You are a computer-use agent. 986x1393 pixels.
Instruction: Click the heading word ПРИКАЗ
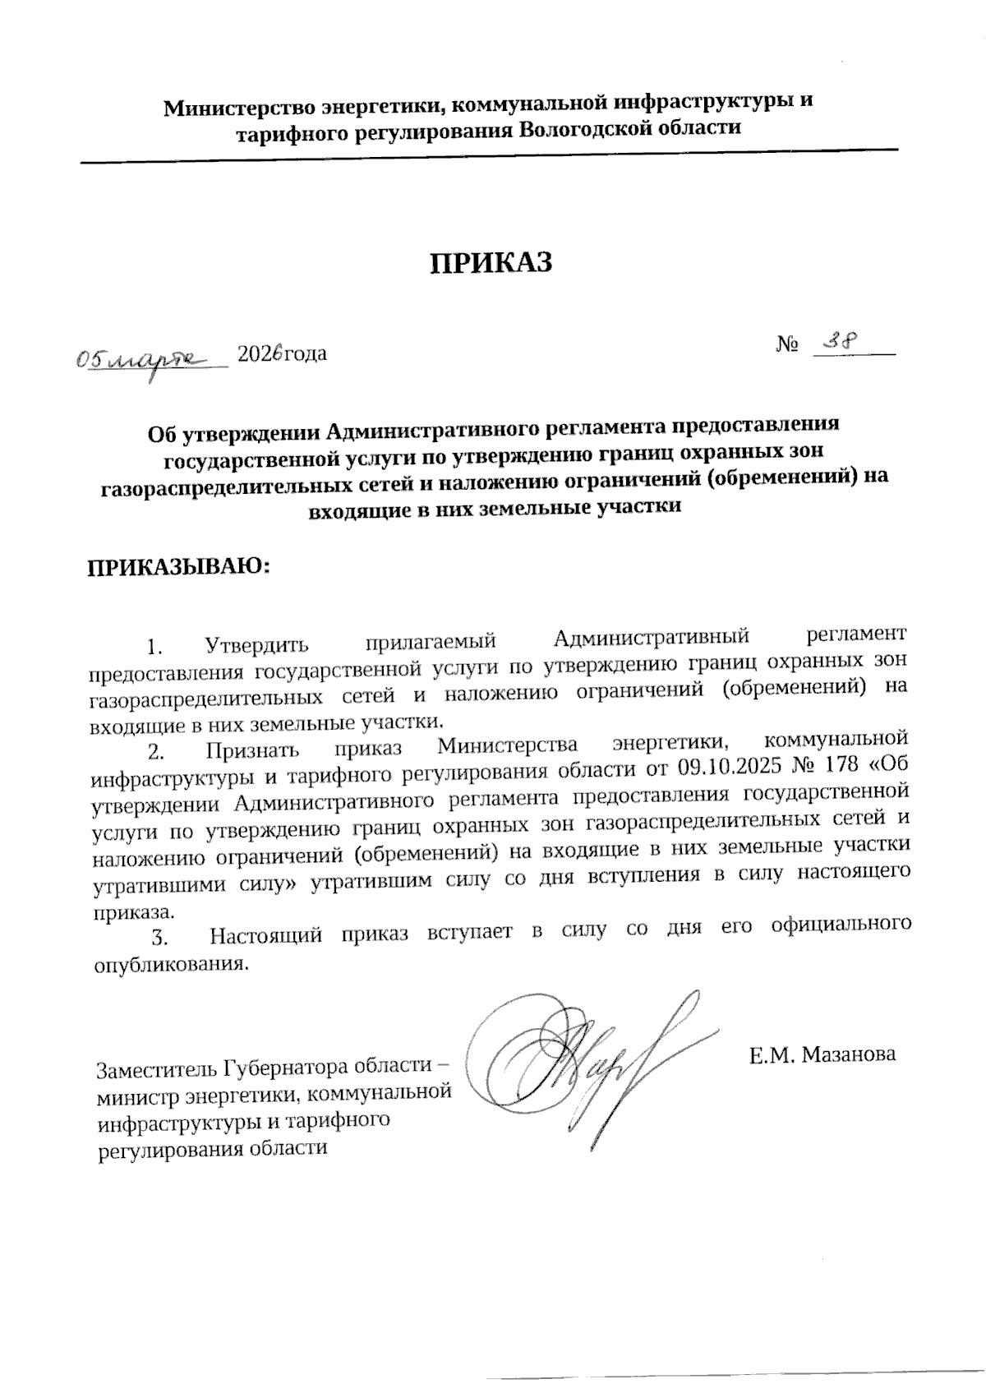click(491, 262)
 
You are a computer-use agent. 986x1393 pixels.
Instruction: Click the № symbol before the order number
click(787, 346)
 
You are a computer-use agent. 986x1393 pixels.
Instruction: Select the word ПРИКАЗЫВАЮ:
click(178, 567)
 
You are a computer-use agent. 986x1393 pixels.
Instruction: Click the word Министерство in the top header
click(237, 108)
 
